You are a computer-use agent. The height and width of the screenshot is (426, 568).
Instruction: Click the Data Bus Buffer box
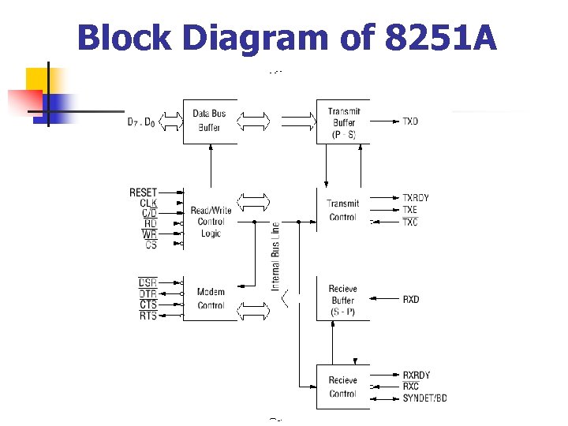point(210,121)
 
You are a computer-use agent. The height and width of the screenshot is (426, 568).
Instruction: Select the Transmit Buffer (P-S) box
point(342,122)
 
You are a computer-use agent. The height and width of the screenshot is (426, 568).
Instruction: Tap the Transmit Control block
point(342,210)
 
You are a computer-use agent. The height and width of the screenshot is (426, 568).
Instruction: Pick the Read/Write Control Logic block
point(210,222)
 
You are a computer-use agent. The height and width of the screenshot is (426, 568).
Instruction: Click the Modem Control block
point(210,298)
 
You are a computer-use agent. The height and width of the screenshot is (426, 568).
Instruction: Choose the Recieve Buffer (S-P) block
point(342,300)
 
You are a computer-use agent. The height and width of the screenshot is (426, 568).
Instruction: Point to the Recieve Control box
point(342,387)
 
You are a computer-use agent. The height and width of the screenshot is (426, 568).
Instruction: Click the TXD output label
point(410,121)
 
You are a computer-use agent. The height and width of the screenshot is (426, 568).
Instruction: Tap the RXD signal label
point(410,300)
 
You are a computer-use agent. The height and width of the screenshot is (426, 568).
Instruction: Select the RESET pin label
point(143,192)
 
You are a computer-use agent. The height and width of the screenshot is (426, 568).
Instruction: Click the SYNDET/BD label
point(424,398)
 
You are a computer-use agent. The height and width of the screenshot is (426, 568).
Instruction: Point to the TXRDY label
point(416,198)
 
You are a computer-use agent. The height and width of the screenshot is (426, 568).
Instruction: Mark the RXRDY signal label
point(416,376)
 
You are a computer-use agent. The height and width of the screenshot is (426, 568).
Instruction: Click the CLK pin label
point(148,204)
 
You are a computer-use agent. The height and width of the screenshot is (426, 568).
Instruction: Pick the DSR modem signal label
point(148,282)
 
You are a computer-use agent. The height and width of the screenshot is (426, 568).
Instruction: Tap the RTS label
point(148,316)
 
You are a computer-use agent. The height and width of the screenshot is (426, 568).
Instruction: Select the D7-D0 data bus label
point(142,121)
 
